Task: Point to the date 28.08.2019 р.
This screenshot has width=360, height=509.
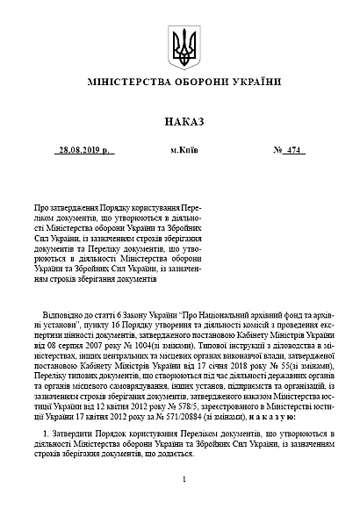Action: click(83, 151)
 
